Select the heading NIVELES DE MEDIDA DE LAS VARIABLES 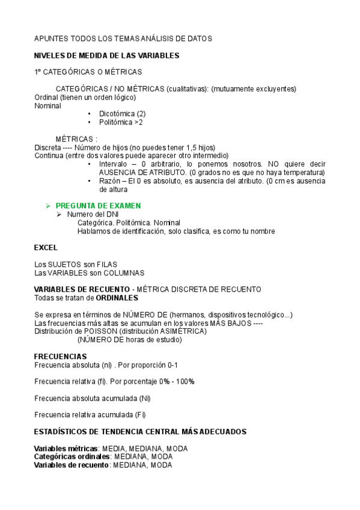coord(106,55)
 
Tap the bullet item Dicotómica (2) coord(123,113)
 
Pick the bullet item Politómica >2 coord(121,122)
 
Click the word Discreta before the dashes coord(47,148)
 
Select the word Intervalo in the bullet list coord(114,164)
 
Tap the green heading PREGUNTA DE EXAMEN coord(102,206)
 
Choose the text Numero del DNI coord(93,214)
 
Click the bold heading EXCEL coord(46,247)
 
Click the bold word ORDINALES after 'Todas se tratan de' coord(117,298)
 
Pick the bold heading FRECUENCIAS coord(60,357)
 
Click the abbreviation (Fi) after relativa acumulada coord(140,414)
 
